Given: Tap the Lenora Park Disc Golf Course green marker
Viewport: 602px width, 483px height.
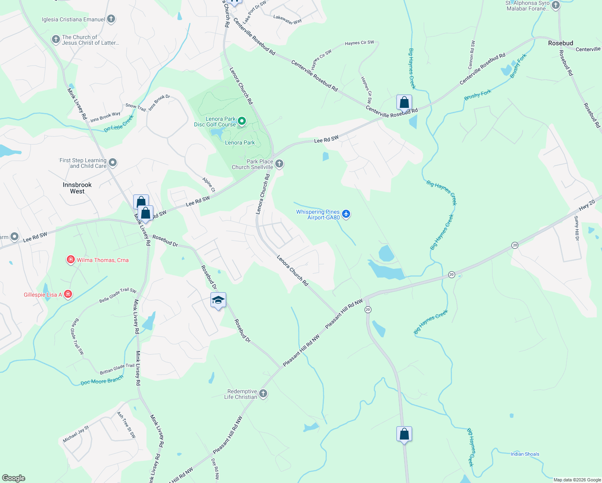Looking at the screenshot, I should click(x=242, y=121).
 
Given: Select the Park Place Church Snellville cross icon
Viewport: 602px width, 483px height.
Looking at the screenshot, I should click(x=279, y=164).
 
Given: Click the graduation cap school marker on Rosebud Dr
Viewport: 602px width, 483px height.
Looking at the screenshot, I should click(x=218, y=300).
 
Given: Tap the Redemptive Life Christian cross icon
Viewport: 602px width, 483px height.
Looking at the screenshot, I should click(x=263, y=394).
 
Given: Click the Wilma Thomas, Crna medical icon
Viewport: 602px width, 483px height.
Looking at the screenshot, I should click(x=71, y=260).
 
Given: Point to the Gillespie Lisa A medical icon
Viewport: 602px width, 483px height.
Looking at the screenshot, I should click(x=68, y=295).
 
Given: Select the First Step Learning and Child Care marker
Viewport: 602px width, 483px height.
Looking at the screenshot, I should click(x=113, y=163).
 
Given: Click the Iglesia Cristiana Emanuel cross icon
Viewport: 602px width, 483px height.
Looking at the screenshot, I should click(x=111, y=19).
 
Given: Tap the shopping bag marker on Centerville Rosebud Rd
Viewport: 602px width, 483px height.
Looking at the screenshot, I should click(x=404, y=103).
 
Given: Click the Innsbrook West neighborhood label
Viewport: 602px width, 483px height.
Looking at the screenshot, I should click(x=77, y=188).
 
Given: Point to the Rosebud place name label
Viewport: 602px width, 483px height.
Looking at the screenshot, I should click(x=561, y=43).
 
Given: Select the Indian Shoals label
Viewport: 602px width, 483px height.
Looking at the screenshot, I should click(x=525, y=454).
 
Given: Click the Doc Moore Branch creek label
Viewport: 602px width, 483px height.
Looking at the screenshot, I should click(x=102, y=381).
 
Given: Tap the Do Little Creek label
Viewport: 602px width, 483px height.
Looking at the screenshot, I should click(x=119, y=124).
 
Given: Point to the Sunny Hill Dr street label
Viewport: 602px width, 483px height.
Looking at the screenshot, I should click(x=577, y=228).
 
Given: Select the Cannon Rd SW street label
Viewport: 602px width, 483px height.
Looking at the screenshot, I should click(x=472, y=55).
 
